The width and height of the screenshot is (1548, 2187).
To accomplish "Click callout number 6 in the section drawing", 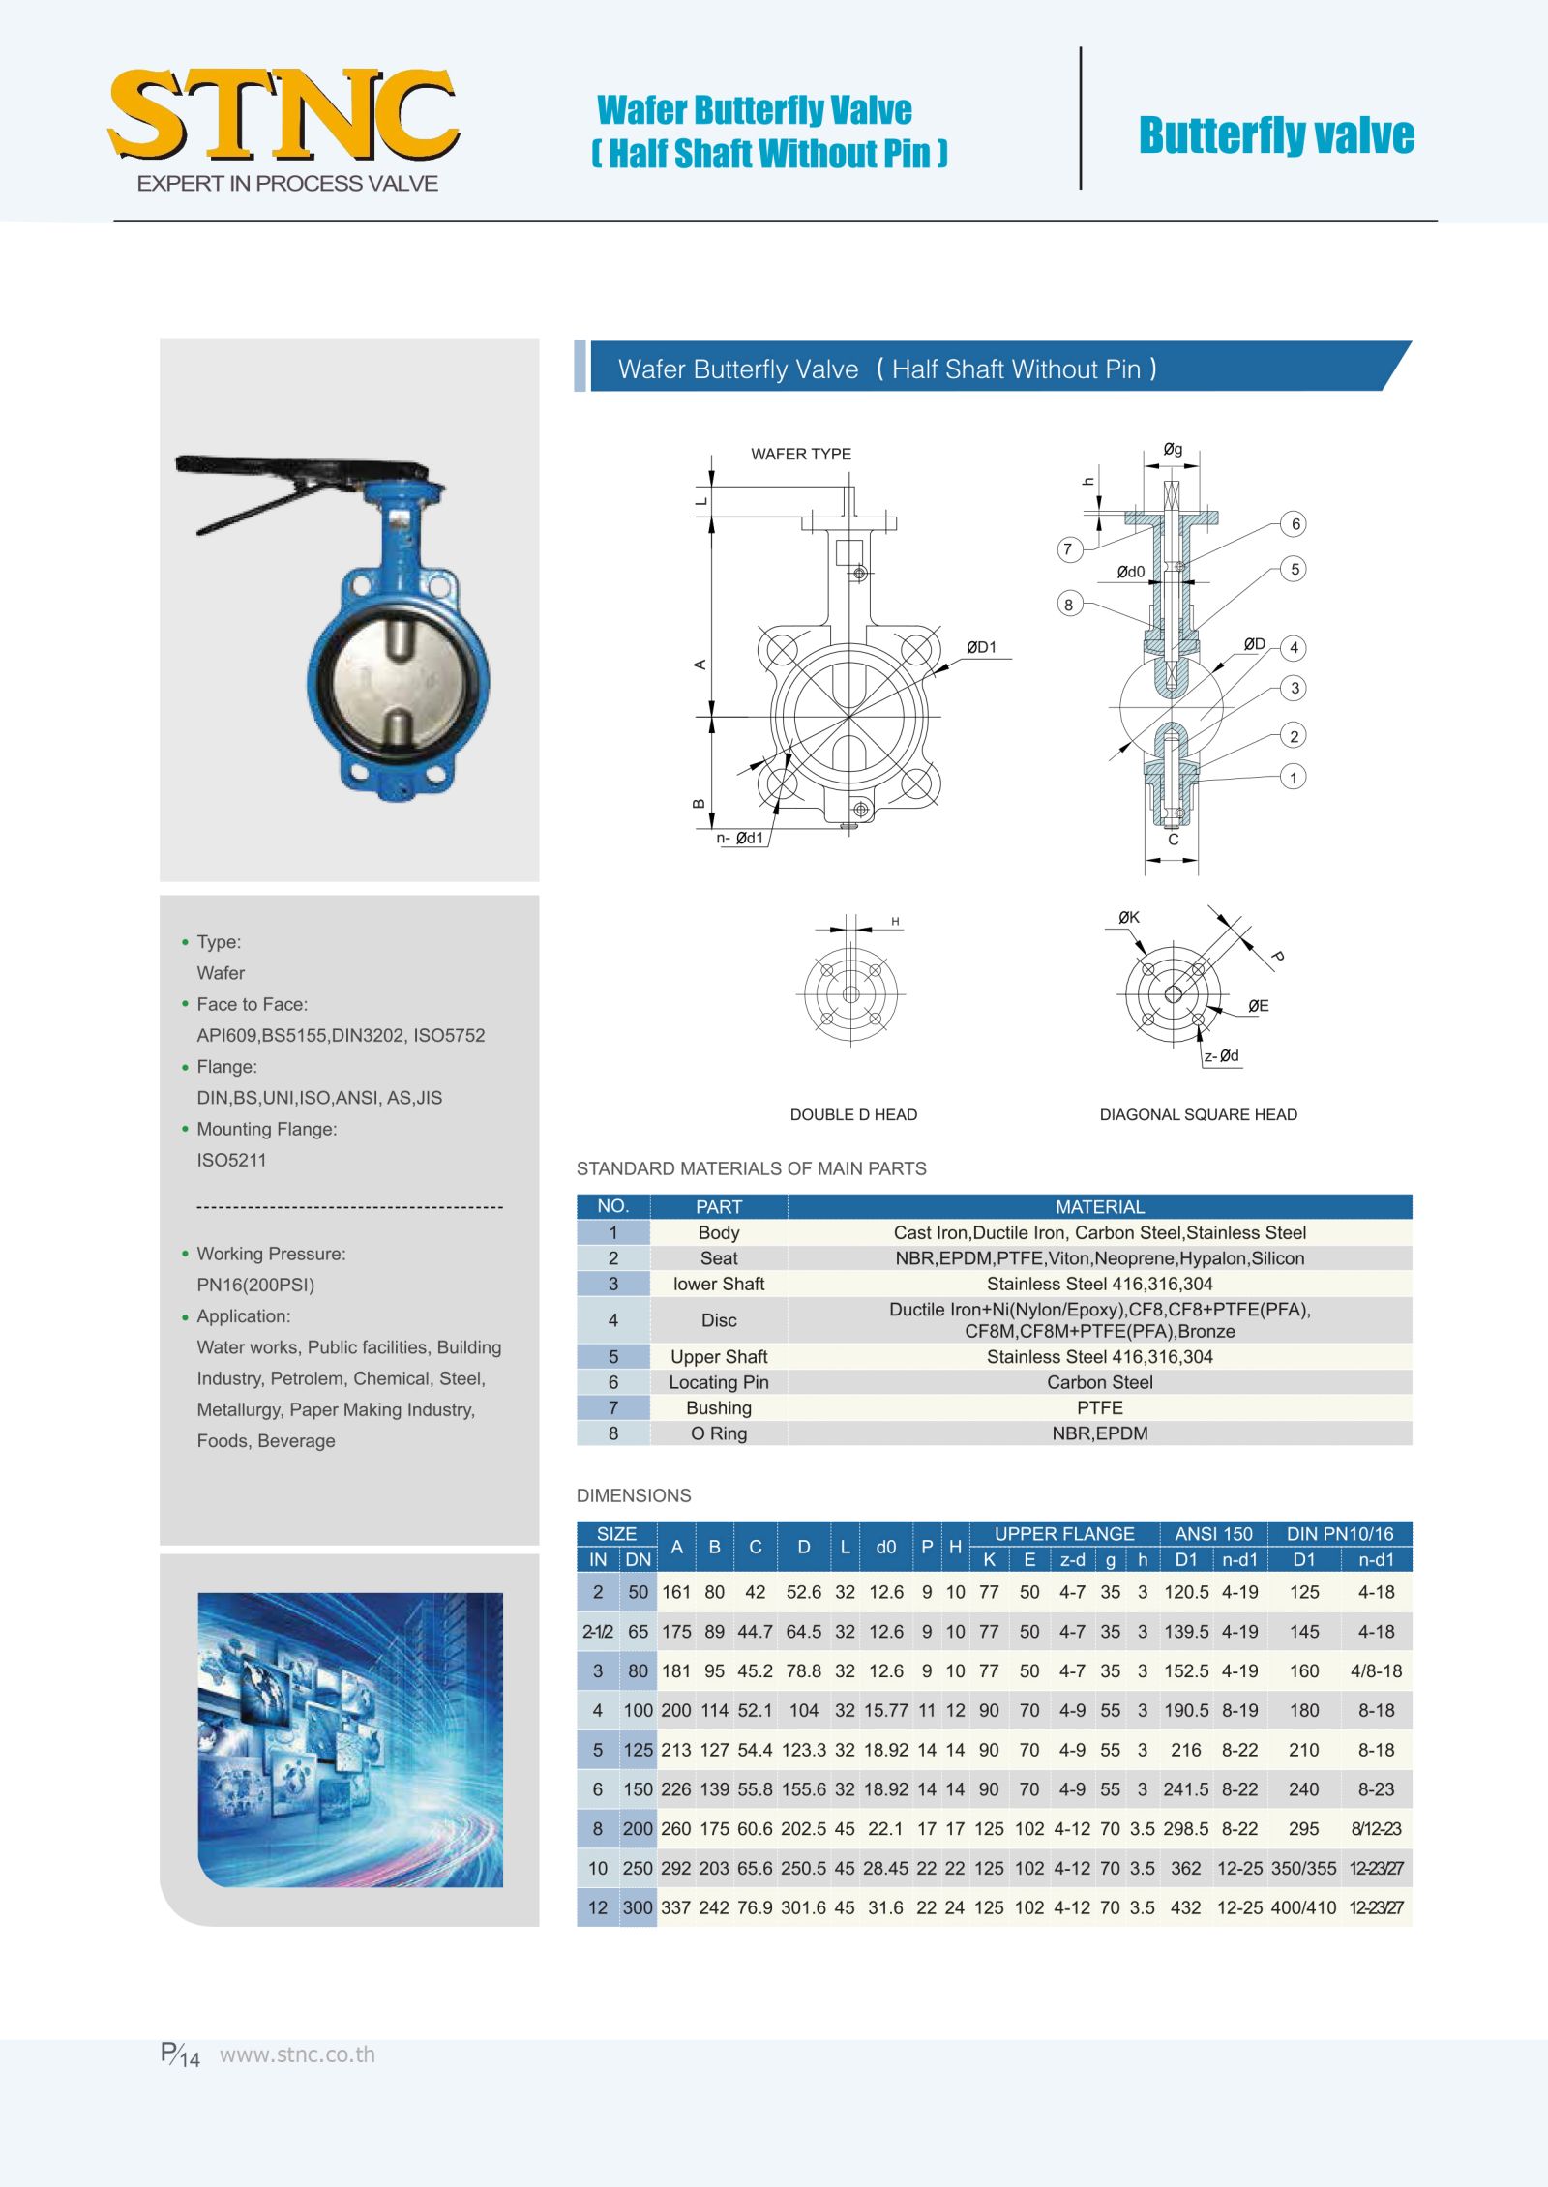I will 1295,524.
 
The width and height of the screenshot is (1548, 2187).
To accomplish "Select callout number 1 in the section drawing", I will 1294,777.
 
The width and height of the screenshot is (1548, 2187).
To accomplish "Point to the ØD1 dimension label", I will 981,647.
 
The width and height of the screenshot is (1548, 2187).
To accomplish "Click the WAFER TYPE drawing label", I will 801,454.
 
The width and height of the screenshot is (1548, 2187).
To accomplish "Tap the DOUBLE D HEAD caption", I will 853,1114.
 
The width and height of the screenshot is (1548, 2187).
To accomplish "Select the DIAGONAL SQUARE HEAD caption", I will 1198,1114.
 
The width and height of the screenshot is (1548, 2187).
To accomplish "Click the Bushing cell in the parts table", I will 719,1407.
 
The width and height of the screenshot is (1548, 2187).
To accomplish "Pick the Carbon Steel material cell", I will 1099,1382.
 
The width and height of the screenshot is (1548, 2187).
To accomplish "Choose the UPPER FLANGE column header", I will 1064,1533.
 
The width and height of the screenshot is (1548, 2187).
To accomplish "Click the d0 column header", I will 886,1547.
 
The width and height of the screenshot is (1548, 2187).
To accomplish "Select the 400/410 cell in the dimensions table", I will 1303,1907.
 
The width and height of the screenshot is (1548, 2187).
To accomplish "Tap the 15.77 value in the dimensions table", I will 886,1710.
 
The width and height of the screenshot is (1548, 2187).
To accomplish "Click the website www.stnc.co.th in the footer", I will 297,2054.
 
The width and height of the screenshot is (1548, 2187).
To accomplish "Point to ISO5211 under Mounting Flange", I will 231,1160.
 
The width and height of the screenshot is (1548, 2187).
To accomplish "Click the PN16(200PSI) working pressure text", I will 255,1285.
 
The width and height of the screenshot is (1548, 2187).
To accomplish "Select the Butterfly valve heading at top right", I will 1276,135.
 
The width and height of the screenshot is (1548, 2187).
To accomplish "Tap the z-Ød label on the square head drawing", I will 1221,1055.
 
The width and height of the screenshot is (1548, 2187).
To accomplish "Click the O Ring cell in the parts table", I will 719,1433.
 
